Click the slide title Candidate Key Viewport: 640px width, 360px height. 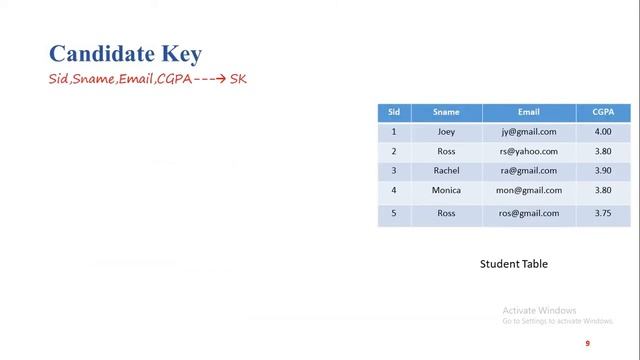[125, 54]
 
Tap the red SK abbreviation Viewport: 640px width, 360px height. [238, 79]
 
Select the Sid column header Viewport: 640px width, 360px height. [394, 112]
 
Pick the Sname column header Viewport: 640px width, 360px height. [446, 112]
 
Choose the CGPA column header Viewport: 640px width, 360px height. [603, 112]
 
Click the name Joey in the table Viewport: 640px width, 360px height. [446, 132]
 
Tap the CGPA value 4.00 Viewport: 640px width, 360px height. [603, 132]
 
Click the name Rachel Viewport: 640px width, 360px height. [446, 171]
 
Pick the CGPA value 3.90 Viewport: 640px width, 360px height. [603, 171]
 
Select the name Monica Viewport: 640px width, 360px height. [446, 190]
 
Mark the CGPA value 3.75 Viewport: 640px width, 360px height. [603, 213]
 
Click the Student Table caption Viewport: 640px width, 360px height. [514, 264]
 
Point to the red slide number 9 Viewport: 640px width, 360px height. [588, 344]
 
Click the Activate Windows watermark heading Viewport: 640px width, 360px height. [540, 310]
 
